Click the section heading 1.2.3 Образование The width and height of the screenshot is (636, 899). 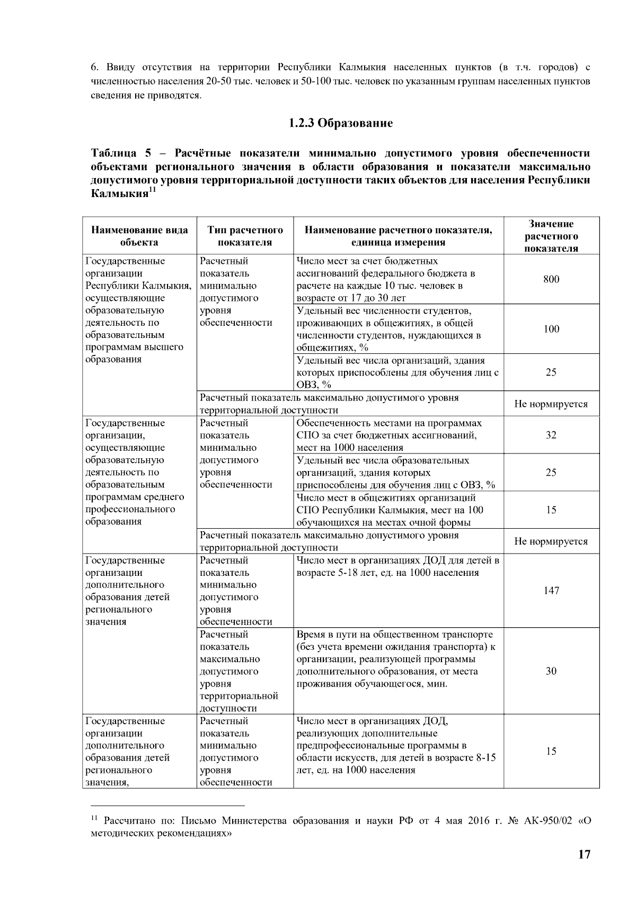point(340,123)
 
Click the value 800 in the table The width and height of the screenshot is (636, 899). point(551,279)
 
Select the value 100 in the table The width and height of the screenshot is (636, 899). point(551,329)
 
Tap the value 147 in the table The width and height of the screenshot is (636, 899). point(551,591)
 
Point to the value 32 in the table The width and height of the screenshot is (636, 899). point(551,435)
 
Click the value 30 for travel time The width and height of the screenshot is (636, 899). point(551,671)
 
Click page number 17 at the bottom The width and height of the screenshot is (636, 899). point(584,855)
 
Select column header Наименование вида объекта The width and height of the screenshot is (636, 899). point(139,236)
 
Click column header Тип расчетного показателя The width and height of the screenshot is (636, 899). point(245,236)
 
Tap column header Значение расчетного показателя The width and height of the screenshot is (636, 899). point(551,236)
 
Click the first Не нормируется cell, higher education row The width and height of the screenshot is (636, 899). point(551,404)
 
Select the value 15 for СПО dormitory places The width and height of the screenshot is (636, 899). point(551,510)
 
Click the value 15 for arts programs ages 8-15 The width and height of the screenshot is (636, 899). point(551,751)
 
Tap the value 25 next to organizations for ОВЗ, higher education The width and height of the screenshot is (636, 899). point(551,372)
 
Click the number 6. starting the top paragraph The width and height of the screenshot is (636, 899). point(94,67)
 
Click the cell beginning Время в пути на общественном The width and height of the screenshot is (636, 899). point(397,659)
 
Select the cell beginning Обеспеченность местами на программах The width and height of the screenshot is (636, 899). point(397,435)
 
